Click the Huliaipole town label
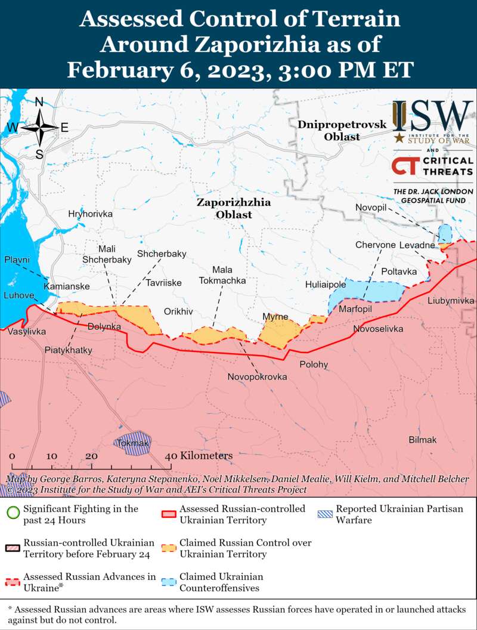(326, 285)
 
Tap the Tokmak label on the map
(133, 443)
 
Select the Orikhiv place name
(178, 311)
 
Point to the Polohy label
(314, 364)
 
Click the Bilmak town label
(422, 440)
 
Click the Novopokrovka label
(257, 377)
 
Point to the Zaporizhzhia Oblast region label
(233, 208)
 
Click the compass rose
(39, 128)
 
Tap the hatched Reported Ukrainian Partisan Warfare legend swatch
(325, 514)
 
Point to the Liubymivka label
(451, 301)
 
